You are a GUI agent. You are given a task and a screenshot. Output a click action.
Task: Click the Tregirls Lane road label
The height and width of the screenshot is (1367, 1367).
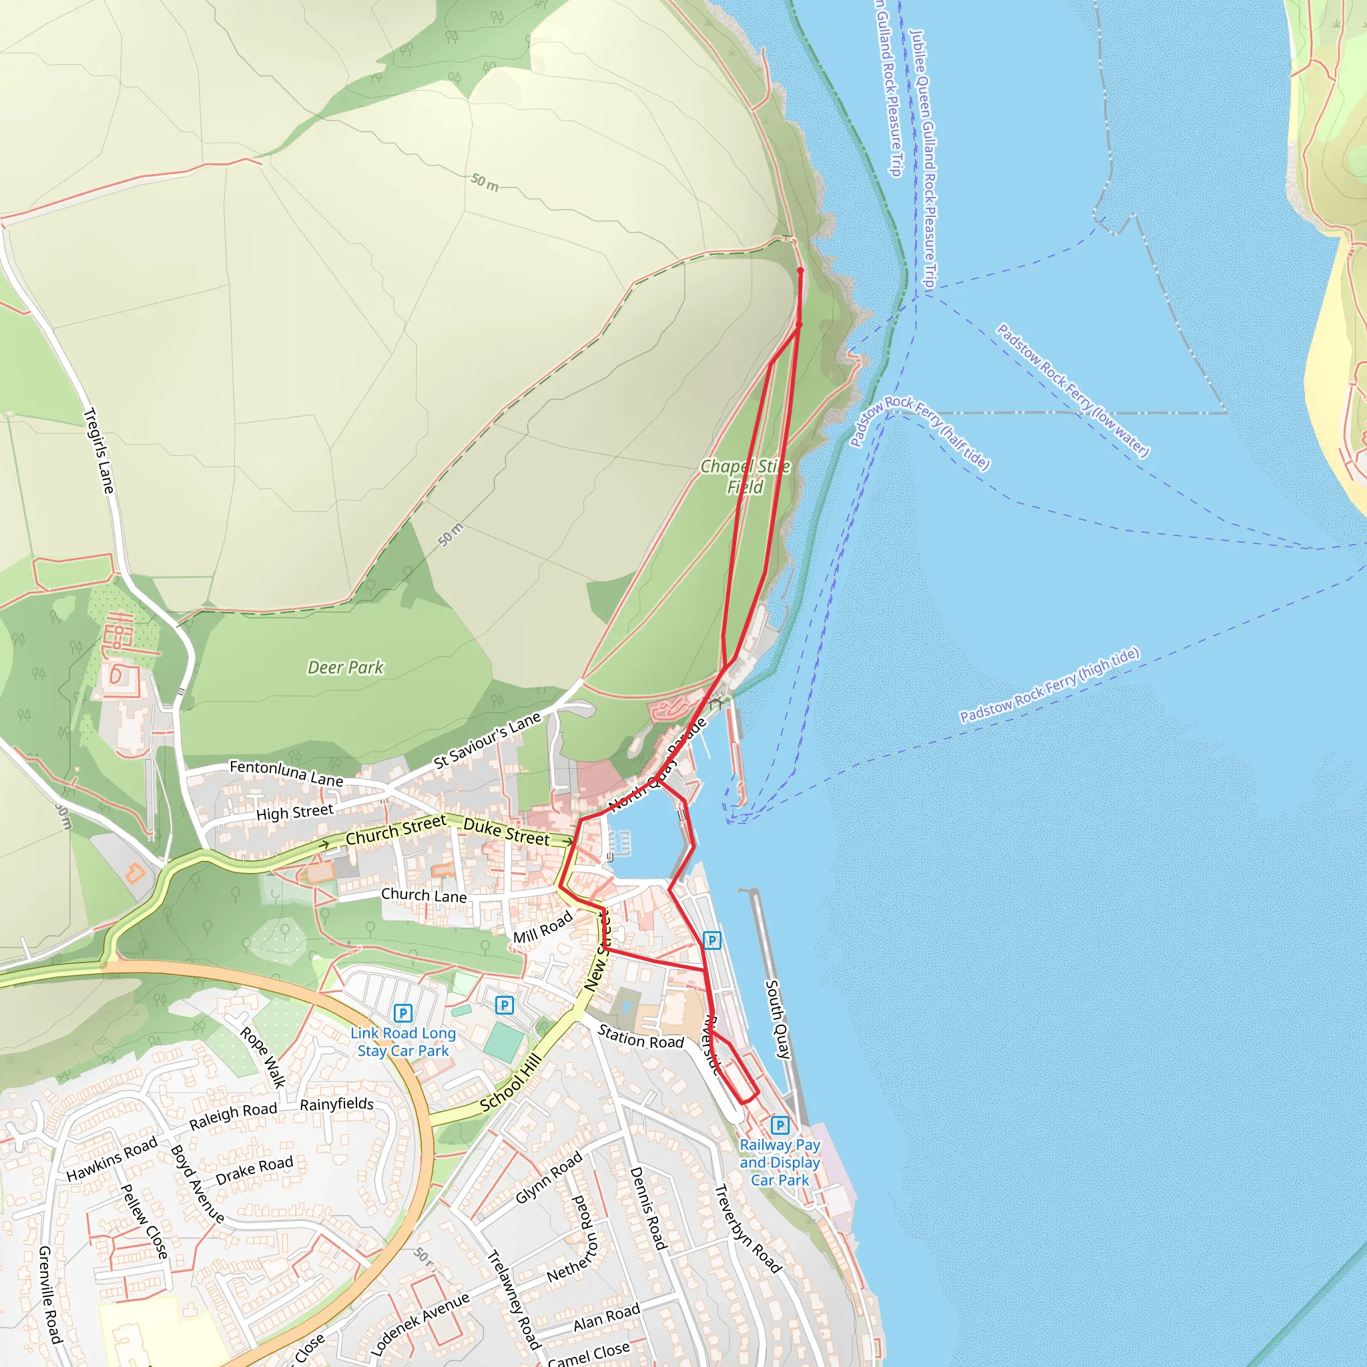[x=98, y=450]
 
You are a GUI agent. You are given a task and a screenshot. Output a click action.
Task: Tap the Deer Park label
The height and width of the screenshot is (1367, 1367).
[x=345, y=667]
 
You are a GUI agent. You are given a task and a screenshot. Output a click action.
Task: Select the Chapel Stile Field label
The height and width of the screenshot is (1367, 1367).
[x=745, y=476]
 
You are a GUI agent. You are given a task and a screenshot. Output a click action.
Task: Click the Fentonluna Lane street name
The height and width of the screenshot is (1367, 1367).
[x=286, y=773]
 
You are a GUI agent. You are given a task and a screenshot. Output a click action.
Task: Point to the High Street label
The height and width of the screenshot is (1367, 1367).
[x=294, y=812]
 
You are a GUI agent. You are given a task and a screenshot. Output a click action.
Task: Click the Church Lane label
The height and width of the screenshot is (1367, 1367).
[x=424, y=895]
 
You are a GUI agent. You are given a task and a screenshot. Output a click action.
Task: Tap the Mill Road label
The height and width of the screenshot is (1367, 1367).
[x=542, y=928]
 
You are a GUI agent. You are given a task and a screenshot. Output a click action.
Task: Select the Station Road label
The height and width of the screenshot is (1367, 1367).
[x=640, y=1037]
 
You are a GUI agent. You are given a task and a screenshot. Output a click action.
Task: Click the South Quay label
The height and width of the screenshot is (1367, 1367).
[x=777, y=1019]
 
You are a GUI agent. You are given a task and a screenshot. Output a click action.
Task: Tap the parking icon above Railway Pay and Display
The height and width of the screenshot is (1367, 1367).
[x=779, y=1124]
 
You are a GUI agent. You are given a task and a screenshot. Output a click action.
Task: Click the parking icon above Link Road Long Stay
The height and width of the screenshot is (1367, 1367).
[x=402, y=1013]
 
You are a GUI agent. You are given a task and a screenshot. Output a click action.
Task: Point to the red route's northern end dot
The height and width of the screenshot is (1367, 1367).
[x=800, y=270]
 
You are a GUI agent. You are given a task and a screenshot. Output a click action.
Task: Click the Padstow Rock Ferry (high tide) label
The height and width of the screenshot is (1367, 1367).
[x=1049, y=684]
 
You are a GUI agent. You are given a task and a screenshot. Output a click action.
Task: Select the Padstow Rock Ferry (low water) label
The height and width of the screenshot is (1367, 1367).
[x=1073, y=390]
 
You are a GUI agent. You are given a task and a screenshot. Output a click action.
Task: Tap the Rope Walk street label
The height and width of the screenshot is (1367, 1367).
[x=262, y=1057]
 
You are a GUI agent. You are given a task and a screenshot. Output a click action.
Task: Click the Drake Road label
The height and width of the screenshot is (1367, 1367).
[x=254, y=1170]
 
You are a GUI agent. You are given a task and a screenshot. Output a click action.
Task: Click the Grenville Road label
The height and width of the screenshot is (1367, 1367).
[x=49, y=1294]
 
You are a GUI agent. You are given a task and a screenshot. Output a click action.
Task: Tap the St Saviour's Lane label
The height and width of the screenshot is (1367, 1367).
[x=487, y=741]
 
